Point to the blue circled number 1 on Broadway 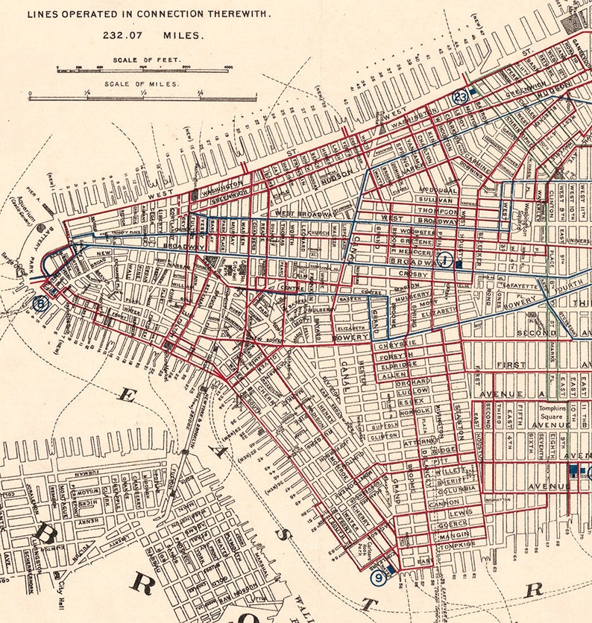(x=446, y=259)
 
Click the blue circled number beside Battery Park (x=40, y=303)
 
